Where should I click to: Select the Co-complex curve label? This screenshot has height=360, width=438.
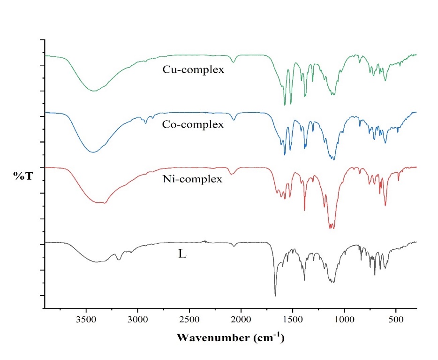tap(193, 125)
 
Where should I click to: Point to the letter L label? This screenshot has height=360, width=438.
tap(182, 254)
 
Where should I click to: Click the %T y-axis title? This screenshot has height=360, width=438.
tap(23, 176)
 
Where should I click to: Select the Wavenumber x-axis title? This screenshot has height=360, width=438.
tap(231, 337)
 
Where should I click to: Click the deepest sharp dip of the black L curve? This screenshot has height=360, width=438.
tap(275, 295)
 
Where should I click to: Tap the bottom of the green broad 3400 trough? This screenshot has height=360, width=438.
tap(94, 91)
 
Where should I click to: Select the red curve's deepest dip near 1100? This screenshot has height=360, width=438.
tap(332, 228)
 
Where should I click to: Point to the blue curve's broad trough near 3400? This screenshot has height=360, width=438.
tap(94, 152)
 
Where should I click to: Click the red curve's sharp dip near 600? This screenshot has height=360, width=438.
tap(385, 205)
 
